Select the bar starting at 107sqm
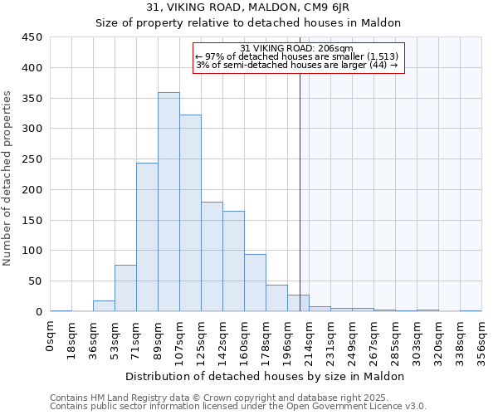click(190, 213)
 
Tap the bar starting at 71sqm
click(147, 237)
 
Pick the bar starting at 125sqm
click(212, 256)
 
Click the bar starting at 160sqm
click(255, 282)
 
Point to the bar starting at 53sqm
click(125, 288)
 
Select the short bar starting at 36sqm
click(104, 305)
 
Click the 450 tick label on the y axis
click(32, 37)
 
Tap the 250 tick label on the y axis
click(32, 159)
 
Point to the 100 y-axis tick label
click(32, 251)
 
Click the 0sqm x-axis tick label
click(51, 335)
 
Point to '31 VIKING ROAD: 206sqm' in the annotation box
click(297, 48)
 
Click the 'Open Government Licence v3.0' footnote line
click(238, 407)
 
